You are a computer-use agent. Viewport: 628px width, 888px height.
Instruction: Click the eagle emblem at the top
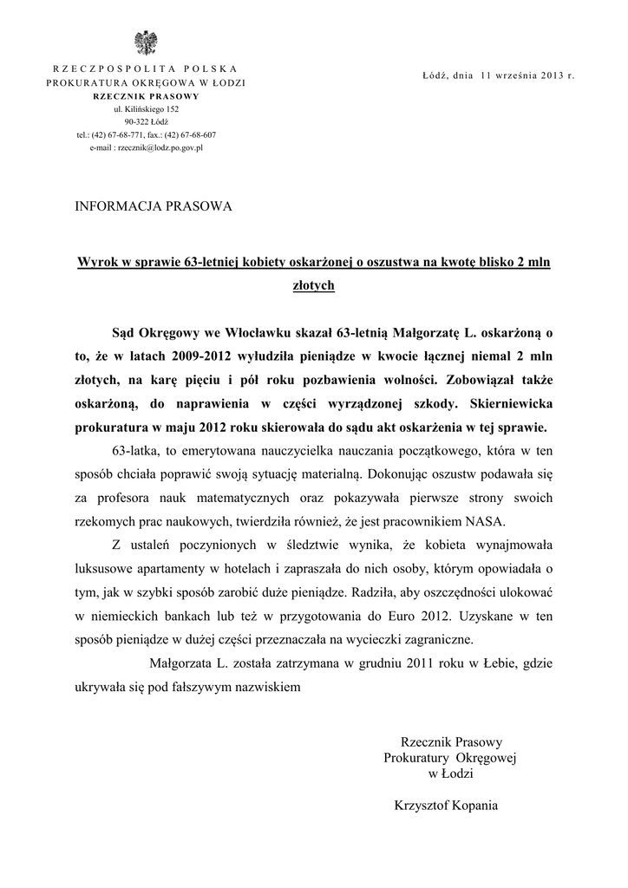[145, 42]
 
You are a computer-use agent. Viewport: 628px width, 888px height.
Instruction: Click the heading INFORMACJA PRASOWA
[154, 207]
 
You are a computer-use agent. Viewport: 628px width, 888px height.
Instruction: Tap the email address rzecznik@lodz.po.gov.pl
[146, 148]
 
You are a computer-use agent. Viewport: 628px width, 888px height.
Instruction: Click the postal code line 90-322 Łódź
[146, 122]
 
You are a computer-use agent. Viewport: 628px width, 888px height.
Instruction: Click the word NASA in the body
[489, 522]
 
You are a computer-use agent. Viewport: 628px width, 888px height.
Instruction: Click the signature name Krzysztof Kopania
[446, 805]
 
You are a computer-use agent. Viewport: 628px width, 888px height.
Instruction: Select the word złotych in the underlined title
[313, 284]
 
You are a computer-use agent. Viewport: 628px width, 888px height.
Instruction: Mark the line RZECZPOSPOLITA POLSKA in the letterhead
[146, 68]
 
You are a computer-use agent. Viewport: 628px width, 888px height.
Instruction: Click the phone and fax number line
[146, 135]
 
